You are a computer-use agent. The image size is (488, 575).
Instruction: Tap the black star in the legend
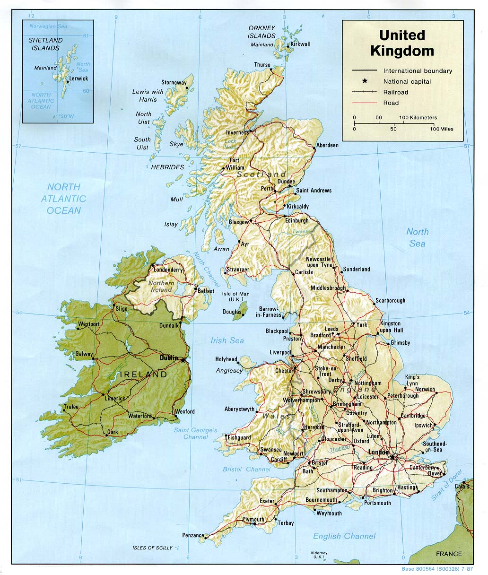[365, 81]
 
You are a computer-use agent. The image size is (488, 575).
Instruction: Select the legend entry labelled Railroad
[395, 92]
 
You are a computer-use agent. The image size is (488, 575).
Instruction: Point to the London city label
[378, 452]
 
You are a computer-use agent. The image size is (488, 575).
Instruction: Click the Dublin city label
[168, 358]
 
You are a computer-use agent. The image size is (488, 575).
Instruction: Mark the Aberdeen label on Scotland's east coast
[327, 145]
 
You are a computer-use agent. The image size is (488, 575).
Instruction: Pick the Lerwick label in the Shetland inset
[78, 79]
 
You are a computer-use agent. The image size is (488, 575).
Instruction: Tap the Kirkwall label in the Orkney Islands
[300, 44]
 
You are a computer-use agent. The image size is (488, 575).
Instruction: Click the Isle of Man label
[236, 296]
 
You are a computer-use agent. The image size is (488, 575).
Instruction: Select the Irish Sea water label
[227, 340]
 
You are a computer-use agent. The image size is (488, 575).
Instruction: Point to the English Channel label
[344, 536]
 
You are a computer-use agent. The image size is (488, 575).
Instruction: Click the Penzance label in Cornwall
[192, 535]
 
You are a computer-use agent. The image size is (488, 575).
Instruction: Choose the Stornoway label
[174, 82]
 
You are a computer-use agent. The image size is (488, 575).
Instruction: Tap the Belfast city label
[206, 291]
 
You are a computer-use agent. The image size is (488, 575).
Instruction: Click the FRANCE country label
[449, 554]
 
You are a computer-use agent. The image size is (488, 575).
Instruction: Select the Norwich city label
[425, 389]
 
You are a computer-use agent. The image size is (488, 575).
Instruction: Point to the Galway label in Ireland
[84, 354]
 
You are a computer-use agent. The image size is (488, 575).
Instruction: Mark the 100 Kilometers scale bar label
[418, 117]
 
